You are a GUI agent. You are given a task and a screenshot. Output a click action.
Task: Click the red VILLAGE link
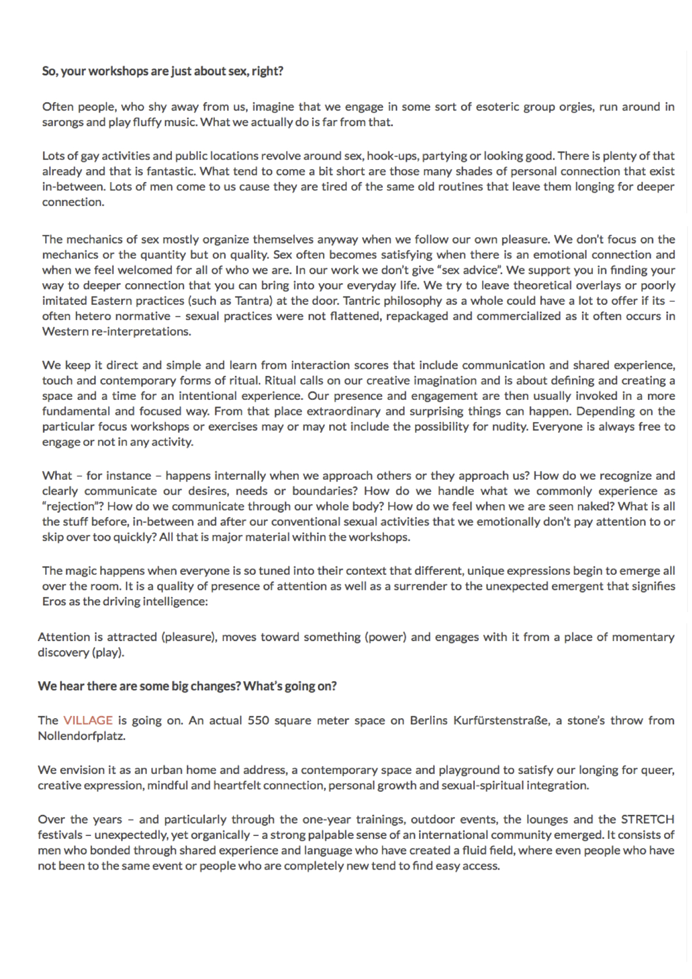(88, 720)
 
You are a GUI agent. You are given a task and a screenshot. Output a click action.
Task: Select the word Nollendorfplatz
(81, 736)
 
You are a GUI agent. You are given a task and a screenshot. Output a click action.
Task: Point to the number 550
(258, 720)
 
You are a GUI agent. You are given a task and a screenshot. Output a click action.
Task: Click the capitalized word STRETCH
(647, 819)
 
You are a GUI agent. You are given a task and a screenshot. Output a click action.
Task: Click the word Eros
(54, 602)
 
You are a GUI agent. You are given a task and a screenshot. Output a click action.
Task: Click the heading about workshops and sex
(162, 71)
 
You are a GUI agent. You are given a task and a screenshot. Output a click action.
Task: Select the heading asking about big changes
(187, 686)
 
